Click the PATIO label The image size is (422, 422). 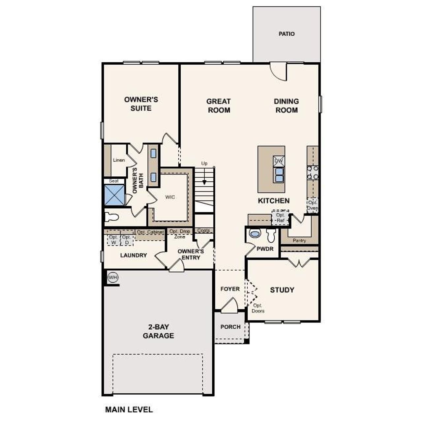click(286, 34)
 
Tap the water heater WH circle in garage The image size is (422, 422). click(113, 277)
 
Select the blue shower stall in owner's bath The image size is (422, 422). click(114, 195)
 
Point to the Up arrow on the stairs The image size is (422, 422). click(204, 181)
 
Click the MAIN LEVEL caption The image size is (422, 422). click(129, 409)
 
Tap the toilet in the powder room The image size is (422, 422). click(271, 235)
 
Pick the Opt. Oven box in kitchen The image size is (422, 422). click(312, 205)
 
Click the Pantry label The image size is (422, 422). click(299, 241)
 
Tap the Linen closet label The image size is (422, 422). click(119, 160)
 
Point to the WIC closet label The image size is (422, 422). click(170, 197)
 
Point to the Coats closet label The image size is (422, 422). click(203, 230)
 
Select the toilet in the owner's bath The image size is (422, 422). click(111, 217)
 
